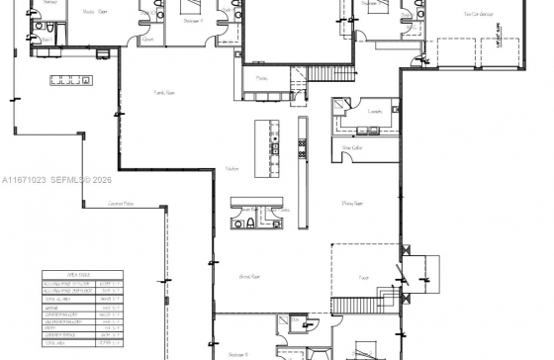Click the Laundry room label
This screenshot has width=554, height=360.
point(375,112)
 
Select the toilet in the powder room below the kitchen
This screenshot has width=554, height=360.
point(251,225)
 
